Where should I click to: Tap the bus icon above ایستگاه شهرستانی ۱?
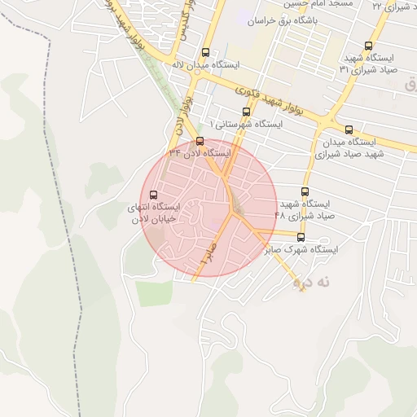click(x=246, y=112)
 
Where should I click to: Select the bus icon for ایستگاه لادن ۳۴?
click(x=200, y=141)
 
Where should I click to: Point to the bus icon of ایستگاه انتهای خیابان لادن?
click(x=154, y=194)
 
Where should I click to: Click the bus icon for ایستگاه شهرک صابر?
click(x=301, y=237)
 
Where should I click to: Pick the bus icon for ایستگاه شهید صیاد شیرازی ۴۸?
click(x=305, y=191)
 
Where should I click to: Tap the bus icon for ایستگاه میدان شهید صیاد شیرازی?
click(x=349, y=129)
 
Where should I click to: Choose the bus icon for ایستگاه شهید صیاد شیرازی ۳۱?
click(x=369, y=46)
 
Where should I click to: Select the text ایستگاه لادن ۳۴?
click(x=200, y=153)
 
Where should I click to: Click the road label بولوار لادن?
click(x=183, y=110)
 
